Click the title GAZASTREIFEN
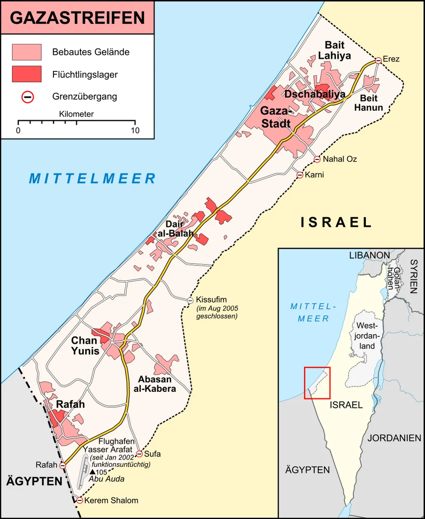tap(77, 18)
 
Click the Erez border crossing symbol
tap(379, 60)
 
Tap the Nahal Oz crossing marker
tap(317, 159)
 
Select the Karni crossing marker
tap(300, 175)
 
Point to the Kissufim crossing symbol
tap(190, 300)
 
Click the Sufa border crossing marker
tap(139, 454)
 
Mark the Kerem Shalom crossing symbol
tap(79, 500)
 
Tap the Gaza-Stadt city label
tap(276, 117)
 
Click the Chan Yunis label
tap(85, 346)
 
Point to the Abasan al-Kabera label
tap(157, 384)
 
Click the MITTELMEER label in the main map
tap(93, 179)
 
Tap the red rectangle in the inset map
tap(317, 383)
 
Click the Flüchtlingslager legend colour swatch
tap(27, 74)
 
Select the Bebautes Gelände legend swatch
tap(27, 52)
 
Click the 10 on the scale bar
tap(135, 131)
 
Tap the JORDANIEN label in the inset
tap(394, 438)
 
